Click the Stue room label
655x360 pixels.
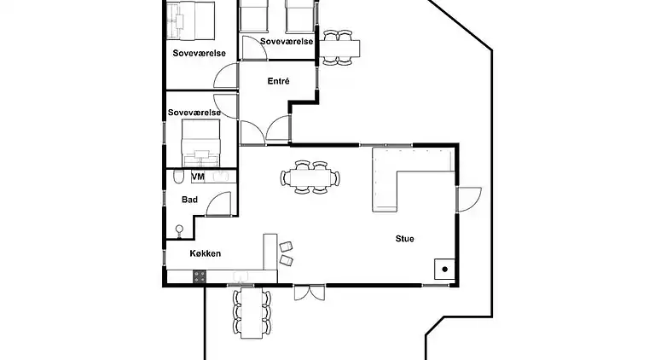pos(405,239)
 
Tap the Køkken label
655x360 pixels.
pos(205,253)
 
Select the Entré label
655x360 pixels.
pos(278,81)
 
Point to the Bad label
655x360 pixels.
pos(189,200)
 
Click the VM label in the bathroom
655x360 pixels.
pos(198,177)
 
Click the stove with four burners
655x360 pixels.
pos(200,276)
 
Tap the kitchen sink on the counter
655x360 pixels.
pos(241,276)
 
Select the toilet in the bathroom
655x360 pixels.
pos(178,177)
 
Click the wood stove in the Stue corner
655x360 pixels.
pos(444,269)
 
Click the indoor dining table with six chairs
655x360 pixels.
pos(310,177)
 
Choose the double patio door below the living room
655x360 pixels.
pos(309,293)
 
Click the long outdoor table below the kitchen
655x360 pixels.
pos(252,312)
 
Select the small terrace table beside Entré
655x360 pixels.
pos(339,49)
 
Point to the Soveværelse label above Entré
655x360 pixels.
pos(287,41)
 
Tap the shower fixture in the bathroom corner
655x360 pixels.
pos(179,231)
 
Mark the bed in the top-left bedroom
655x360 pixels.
pos(190,20)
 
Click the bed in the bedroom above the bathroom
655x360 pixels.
pos(200,143)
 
